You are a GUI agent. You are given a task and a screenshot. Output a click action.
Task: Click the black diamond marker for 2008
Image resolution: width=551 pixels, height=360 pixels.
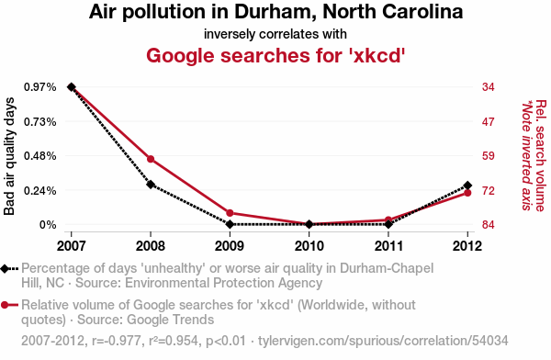tap(151, 185)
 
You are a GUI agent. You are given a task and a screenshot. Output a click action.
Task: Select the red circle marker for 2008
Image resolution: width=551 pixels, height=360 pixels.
tap(151, 159)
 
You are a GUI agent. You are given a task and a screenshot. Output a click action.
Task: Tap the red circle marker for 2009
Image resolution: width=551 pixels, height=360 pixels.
tap(230, 213)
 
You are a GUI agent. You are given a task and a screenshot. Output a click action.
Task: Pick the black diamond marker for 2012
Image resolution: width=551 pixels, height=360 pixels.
tap(467, 186)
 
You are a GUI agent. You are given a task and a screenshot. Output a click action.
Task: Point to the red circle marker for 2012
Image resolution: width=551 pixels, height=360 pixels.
tap(467, 193)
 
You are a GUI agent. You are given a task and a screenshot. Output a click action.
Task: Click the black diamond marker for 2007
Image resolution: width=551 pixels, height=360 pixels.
tap(72, 87)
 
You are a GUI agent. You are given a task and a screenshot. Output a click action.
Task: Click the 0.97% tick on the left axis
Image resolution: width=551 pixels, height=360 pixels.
tap(40, 87)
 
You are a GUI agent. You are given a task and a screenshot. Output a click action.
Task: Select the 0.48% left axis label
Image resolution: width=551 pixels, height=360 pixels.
tap(40, 156)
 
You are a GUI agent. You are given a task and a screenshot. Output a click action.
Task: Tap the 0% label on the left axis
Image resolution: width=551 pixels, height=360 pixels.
tap(48, 225)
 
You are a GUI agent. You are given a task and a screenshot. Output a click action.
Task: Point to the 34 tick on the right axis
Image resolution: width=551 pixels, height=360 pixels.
tap(489, 87)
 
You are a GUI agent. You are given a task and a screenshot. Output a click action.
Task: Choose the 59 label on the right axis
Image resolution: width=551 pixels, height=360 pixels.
tap(489, 156)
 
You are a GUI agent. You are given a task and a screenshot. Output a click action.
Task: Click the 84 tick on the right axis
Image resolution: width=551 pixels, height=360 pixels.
tap(489, 225)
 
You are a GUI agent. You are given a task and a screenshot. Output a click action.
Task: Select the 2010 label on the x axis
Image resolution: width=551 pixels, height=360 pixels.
tap(309, 246)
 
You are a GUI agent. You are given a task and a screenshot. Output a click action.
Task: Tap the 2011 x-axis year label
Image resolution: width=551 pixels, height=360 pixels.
tap(388, 246)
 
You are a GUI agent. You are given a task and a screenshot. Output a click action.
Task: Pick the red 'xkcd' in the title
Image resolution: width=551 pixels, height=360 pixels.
tap(377, 55)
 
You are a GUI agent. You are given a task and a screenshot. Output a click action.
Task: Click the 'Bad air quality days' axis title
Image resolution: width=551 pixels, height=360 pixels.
tap(9, 156)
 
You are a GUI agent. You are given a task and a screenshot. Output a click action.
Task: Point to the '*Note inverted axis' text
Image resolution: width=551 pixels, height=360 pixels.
tap(526, 156)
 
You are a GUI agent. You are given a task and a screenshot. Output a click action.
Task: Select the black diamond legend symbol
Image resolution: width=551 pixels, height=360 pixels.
tap(5, 269)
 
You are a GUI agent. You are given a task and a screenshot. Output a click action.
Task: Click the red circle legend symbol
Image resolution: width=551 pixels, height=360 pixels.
tap(5, 305)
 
